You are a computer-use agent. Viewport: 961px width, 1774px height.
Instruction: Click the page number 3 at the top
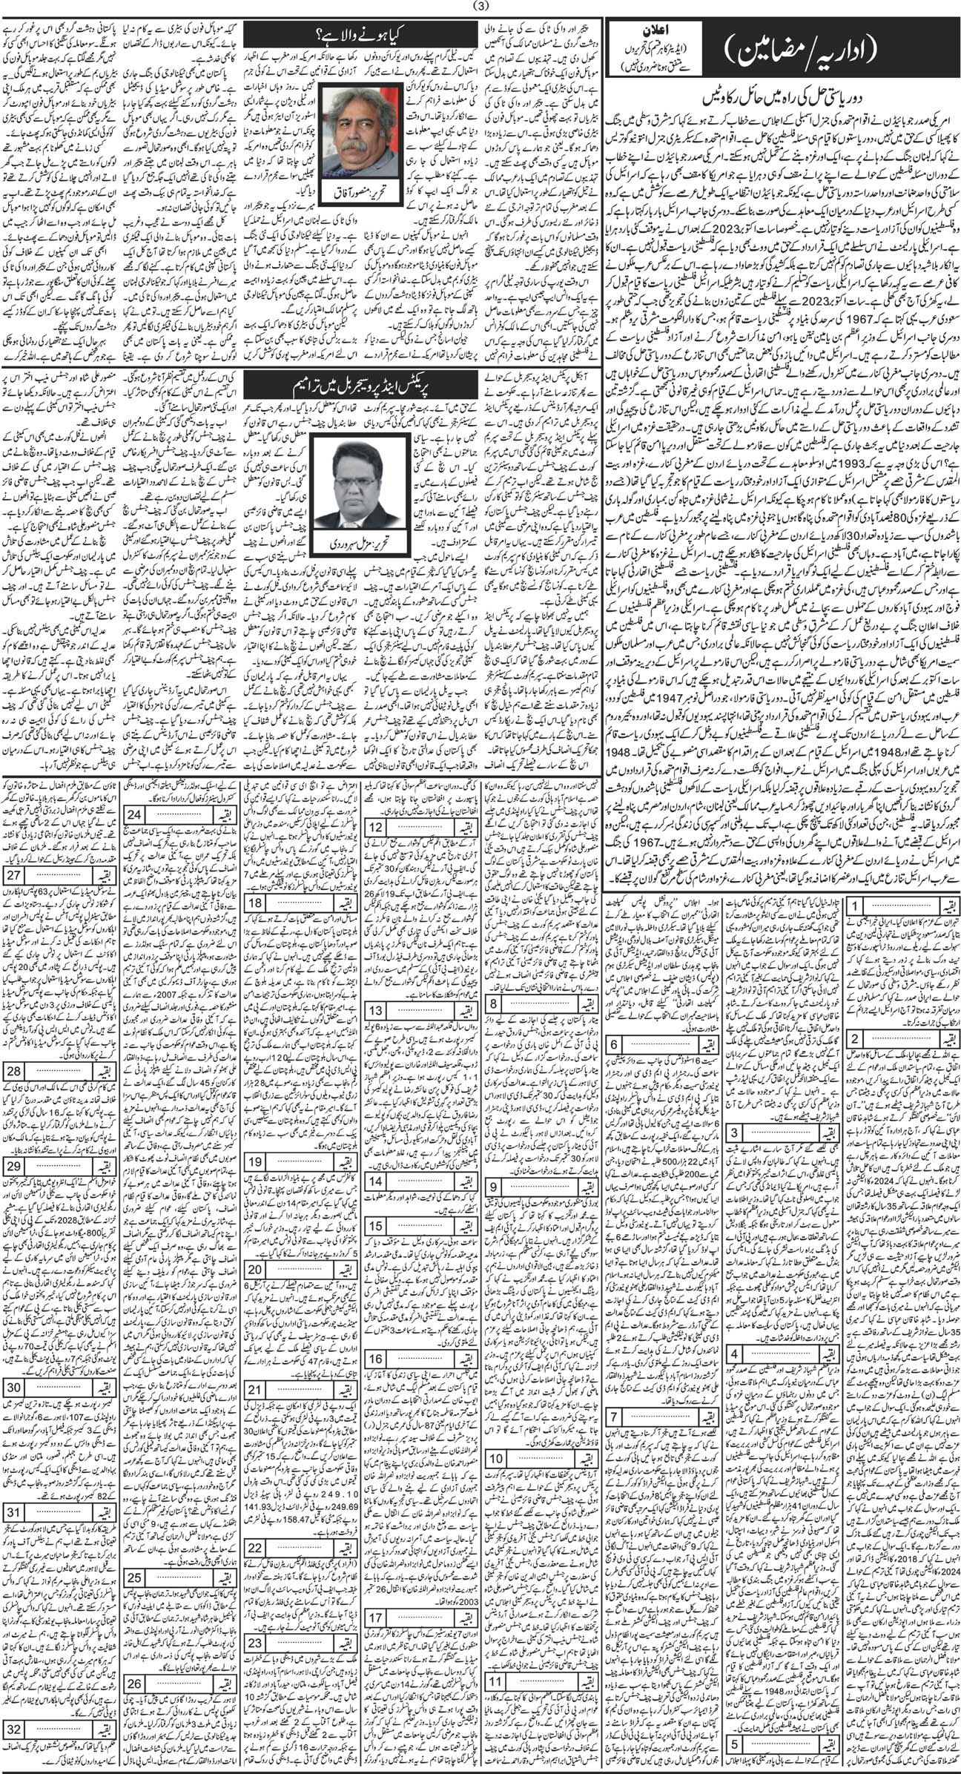point(480,9)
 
